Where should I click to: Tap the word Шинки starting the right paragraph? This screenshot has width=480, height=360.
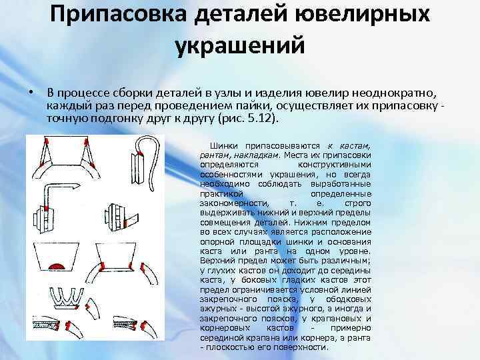tap(224, 145)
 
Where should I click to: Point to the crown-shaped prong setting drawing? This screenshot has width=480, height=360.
tap(67, 296)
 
